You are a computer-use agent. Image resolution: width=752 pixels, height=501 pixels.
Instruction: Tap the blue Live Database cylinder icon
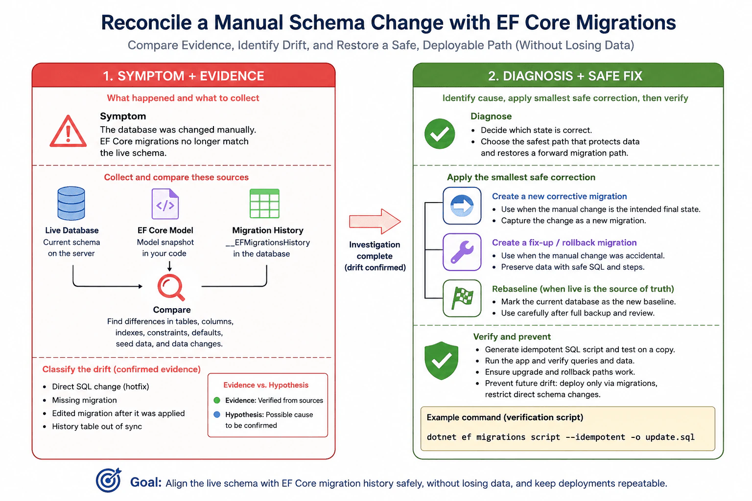point(71,204)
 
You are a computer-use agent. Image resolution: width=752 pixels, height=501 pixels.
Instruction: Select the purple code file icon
point(165,204)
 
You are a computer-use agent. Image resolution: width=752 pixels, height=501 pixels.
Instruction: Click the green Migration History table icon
point(264,204)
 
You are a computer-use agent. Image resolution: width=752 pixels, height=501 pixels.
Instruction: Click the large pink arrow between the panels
point(375,222)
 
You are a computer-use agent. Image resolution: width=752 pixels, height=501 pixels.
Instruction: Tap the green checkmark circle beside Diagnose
point(440,134)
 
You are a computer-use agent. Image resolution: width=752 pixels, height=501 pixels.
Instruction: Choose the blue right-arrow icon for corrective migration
point(462,205)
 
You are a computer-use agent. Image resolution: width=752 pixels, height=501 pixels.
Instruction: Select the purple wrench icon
point(462,252)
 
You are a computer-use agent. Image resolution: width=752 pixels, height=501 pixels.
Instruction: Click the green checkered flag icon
point(462,298)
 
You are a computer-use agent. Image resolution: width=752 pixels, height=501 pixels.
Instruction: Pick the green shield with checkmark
point(441,361)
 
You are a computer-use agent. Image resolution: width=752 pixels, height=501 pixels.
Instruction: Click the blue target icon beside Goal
point(108,480)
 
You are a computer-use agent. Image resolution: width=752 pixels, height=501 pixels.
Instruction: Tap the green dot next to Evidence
point(217,400)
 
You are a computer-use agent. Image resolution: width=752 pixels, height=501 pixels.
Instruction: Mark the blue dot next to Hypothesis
point(217,414)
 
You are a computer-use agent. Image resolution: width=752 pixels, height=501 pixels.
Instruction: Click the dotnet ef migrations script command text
point(561,437)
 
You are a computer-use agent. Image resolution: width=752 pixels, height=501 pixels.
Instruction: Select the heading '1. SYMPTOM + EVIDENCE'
point(183,76)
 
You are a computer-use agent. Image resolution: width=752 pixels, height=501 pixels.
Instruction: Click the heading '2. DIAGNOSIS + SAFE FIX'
point(565,76)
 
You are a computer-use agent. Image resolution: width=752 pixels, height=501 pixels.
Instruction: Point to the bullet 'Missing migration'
point(84,400)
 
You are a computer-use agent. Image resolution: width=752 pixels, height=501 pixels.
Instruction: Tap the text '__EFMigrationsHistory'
point(268,242)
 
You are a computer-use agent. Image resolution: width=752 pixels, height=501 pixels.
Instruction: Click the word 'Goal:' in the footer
point(146,482)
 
